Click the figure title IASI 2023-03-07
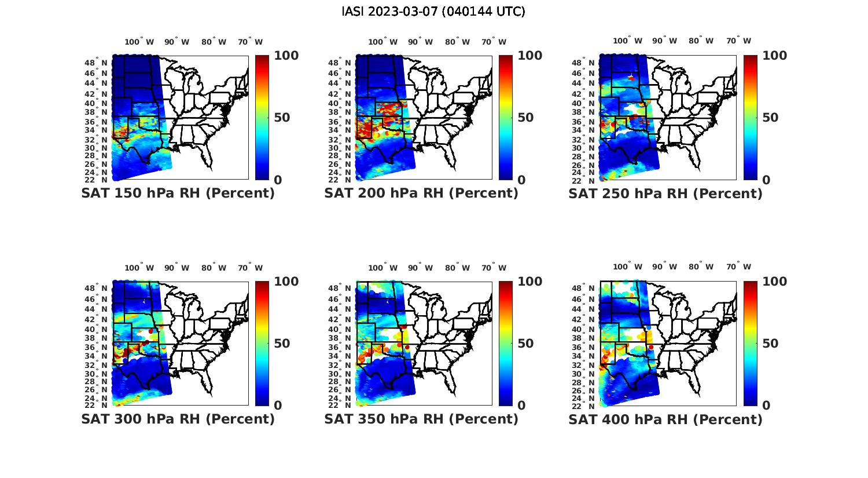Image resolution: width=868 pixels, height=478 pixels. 433,12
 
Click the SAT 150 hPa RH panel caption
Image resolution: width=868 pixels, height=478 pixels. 178,193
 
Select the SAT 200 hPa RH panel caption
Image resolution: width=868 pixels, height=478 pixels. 421,193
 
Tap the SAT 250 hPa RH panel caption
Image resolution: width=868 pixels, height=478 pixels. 665,194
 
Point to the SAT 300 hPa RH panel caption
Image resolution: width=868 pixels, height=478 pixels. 178,419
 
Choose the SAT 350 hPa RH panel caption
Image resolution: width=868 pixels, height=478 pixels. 421,419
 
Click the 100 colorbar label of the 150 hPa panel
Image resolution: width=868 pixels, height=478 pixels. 286,56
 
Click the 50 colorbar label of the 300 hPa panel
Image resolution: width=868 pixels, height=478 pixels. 282,344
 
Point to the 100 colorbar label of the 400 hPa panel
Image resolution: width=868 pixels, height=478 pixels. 775,282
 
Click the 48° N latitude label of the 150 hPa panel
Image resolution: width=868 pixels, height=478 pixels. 96,63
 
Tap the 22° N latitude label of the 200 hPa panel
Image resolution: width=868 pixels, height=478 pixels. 340,180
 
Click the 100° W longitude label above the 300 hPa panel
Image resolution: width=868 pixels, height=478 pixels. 139,268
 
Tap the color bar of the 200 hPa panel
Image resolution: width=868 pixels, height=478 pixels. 506,118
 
